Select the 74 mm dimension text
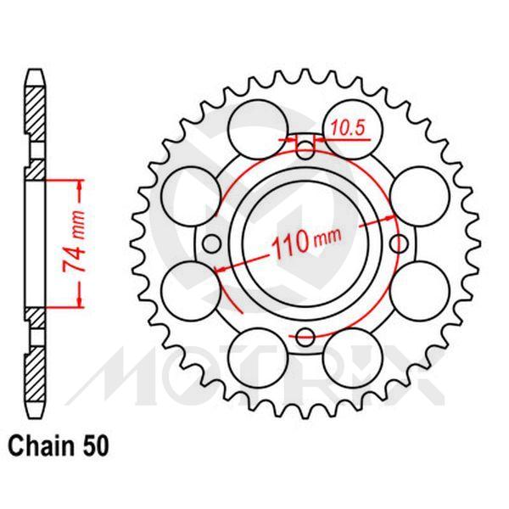tap(74, 242)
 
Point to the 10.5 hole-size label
tap(345, 129)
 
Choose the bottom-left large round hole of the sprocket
tap(252, 349)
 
